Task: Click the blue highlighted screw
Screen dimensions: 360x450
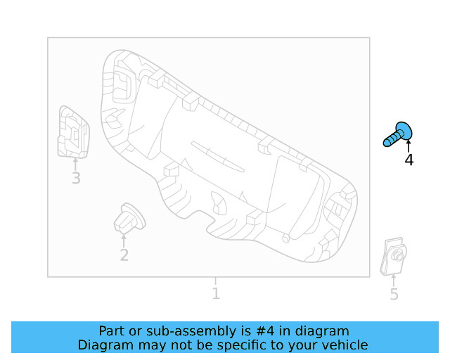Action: (399, 134)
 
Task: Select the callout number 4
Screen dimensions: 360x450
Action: (409, 160)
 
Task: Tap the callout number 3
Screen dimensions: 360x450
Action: (76, 179)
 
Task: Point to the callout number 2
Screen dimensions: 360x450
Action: (124, 255)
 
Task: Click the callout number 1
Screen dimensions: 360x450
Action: (216, 294)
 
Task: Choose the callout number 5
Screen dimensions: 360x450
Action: (394, 295)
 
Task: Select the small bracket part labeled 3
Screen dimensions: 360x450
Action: (73, 133)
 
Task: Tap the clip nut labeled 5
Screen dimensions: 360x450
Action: (394, 257)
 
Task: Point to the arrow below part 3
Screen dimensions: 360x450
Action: (75, 163)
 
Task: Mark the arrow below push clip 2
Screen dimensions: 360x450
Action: (124, 240)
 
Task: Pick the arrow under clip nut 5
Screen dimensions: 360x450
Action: (394, 281)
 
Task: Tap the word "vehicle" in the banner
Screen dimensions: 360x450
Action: (344, 345)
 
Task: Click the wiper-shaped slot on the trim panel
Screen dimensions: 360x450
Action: (217, 156)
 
